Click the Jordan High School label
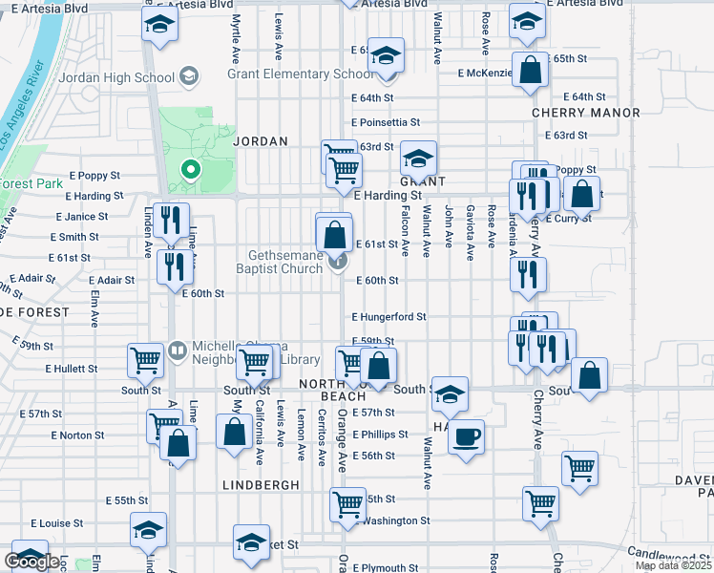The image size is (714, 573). coord(106,75)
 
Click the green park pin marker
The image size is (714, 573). coord(191,170)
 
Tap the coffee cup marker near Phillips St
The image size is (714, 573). coord(466,437)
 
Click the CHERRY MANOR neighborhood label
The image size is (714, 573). coord(586,113)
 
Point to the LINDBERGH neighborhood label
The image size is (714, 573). coord(261,484)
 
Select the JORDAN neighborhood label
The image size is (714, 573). coord(261,141)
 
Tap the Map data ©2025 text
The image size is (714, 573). coord(673,565)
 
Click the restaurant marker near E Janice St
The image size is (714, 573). coord(171,221)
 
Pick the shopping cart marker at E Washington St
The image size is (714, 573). coord(348,503)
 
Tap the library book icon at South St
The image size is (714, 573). coord(178,350)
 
